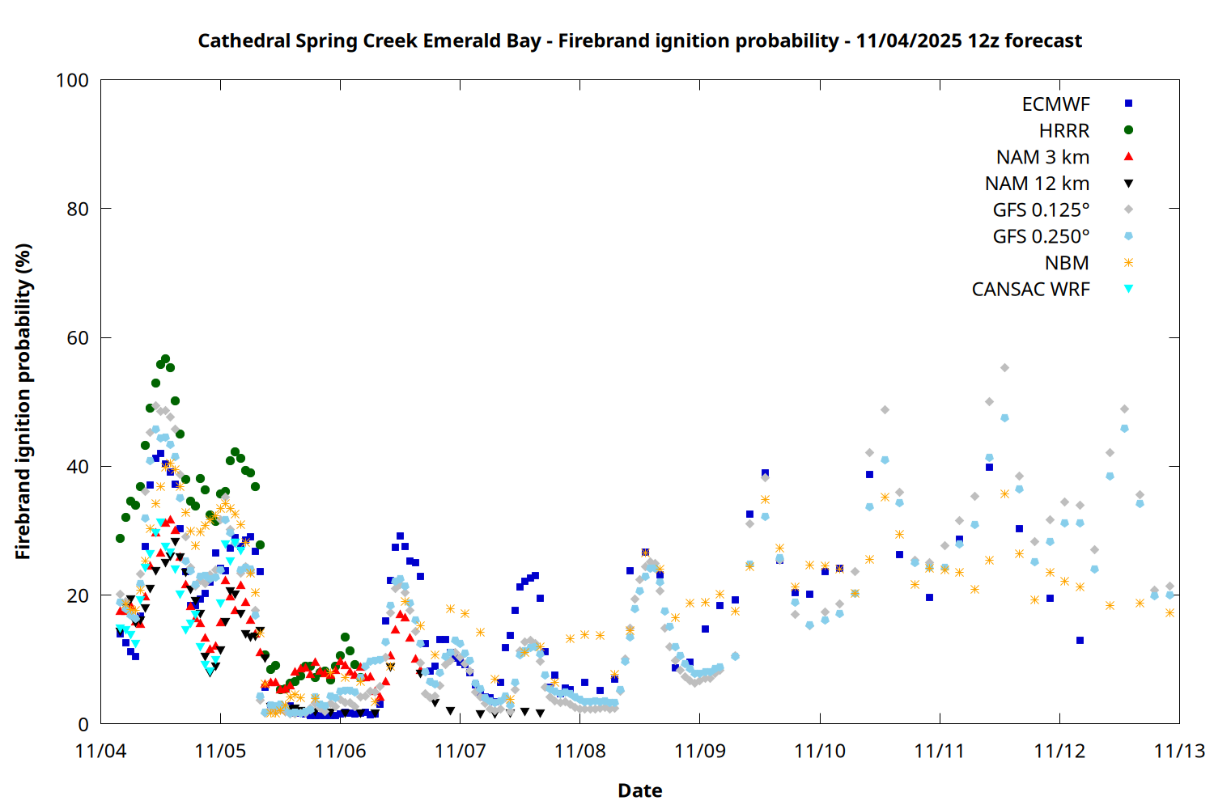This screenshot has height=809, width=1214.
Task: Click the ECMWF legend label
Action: [x=1055, y=104]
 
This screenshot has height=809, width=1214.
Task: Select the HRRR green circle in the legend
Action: [x=1128, y=130]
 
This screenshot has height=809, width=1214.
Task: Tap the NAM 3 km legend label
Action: [x=1042, y=157]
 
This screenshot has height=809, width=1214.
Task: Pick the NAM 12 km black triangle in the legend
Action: [x=1128, y=184]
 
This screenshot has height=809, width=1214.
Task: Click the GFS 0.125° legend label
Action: [x=1041, y=210]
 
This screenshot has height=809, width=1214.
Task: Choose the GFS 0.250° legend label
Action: [x=1041, y=236]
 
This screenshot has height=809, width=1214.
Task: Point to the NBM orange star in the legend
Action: [x=1128, y=263]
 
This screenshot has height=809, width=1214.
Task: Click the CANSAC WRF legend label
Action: [x=1030, y=290]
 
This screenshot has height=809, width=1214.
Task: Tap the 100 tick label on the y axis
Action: [x=72, y=80]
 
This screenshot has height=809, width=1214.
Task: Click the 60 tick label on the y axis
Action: [x=78, y=338]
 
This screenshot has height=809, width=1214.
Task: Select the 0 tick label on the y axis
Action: [x=83, y=725]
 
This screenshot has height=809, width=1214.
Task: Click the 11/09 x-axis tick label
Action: [x=700, y=751]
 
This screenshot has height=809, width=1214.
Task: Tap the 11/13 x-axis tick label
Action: [x=1179, y=751]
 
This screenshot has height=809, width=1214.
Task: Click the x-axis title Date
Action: [x=639, y=790]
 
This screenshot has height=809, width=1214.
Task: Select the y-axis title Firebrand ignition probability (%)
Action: [x=23, y=401]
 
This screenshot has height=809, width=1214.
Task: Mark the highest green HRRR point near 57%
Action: [x=165, y=358]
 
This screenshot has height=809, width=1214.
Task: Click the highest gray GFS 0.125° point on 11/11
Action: [x=1004, y=367]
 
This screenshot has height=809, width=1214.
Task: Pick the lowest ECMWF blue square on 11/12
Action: [x=1080, y=640]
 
